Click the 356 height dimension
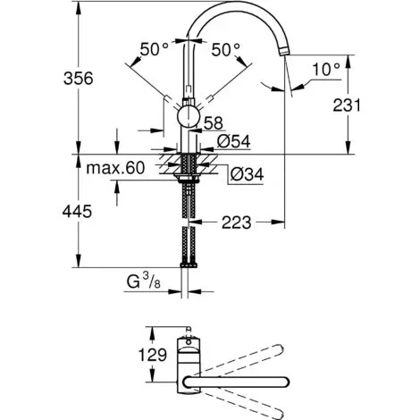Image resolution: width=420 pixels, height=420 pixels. point(79,79)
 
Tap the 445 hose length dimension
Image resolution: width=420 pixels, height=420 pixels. point(77,212)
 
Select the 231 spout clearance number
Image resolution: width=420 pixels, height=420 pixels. point(347,105)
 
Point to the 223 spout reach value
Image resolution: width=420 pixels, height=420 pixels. point(237,223)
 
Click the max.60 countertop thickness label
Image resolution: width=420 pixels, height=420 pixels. point(115,168)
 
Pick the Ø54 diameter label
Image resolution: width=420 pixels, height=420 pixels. point(234,141)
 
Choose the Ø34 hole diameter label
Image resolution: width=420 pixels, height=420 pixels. point(248,174)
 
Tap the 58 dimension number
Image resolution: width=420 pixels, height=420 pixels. point(214,123)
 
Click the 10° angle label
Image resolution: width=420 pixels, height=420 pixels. point(326,70)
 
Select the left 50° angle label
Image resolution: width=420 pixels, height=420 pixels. point(155,49)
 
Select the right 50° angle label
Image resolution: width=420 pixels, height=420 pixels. point(225,49)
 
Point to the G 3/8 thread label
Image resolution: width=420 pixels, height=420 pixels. point(144,281)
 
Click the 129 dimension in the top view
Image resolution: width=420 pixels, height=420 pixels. point(153,355)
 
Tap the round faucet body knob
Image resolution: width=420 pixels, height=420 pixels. point(189,116)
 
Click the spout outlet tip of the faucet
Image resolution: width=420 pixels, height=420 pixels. point(284,53)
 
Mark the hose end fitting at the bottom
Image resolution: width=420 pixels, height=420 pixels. point(189,265)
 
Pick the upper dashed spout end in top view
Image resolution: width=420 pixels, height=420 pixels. point(279,349)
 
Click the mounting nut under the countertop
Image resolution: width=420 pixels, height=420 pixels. point(189,179)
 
